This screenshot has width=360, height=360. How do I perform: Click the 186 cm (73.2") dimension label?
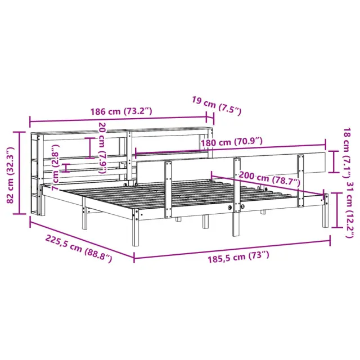(121, 111)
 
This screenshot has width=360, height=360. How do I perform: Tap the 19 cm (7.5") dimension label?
(217, 106)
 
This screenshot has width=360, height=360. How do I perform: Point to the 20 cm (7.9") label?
(102, 147)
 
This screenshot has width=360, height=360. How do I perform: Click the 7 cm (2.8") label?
(56, 168)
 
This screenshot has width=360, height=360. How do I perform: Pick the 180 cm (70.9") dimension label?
(232, 142)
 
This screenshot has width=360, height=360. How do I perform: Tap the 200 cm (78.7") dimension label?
(269, 178)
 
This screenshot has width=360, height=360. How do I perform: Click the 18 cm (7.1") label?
(346, 152)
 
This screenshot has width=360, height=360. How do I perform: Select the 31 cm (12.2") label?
(350, 210)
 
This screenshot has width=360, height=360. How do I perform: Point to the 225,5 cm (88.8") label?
(79, 249)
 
